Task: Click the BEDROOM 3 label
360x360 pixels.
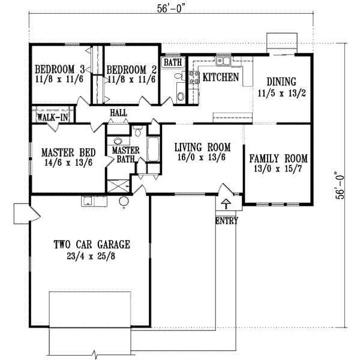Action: point(59,68)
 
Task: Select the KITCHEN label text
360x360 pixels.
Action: point(221,77)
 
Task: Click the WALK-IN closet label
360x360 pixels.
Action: point(52,117)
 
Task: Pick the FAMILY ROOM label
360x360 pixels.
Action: point(278,158)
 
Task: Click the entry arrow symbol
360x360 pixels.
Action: point(226,203)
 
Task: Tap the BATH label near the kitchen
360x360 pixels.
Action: point(173,62)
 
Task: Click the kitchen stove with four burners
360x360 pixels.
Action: point(194,76)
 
